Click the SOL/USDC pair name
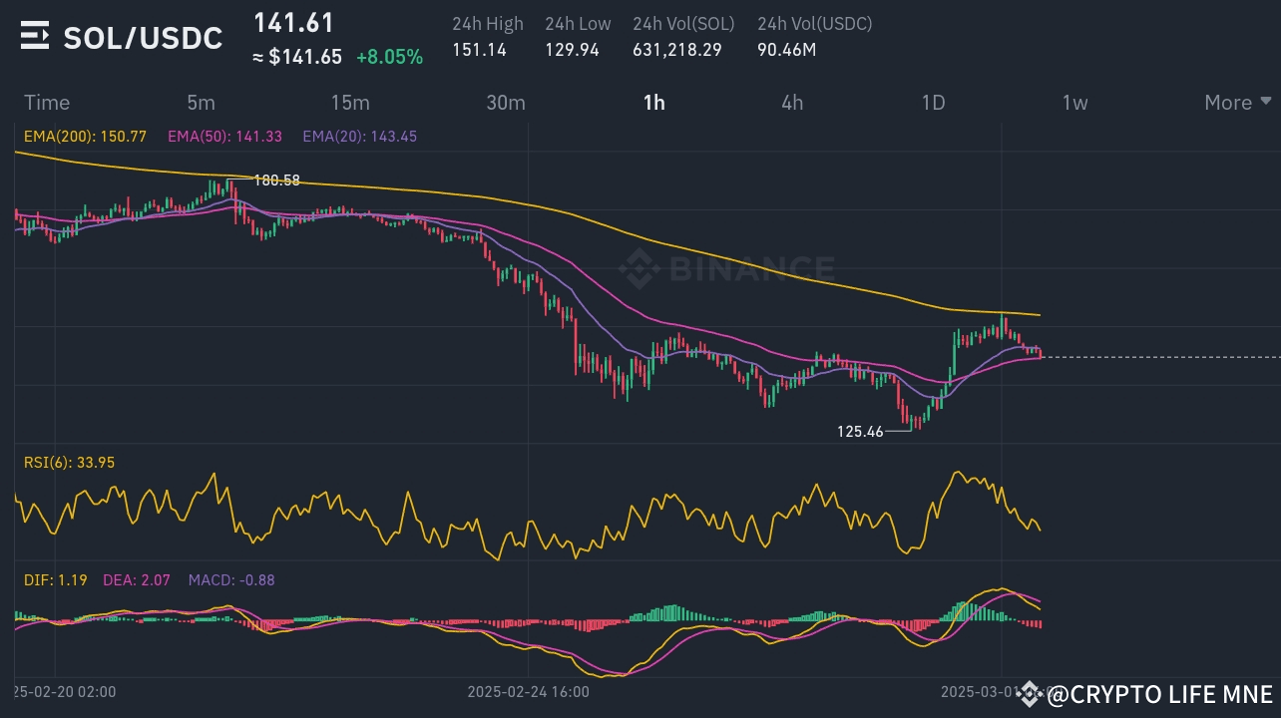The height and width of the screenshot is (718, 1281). pyautogui.click(x=143, y=38)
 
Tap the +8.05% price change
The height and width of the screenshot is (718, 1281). pyautogui.click(x=390, y=57)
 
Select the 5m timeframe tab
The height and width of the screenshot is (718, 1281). pyautogui.click(x=201, y=103)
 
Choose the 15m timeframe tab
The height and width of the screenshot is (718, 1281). pyautogui.click(x=350, y=103)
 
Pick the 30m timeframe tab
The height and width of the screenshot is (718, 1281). pyautogui.click(x=506, y=103)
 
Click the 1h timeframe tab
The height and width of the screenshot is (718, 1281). pyautogui.click(x=654, y=103)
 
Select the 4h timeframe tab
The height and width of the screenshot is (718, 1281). pyautogui.click(x=792, y=103)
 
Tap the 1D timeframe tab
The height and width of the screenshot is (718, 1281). pyautogui.click(x=933, y=103)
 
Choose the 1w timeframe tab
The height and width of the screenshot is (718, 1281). pyautogui.click(x=1074, y=103)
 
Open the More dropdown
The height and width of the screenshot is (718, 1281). pyautogui.click(x=1237, y=103)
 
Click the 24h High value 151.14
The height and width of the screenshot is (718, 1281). pyautogui.click(x=480, y=49)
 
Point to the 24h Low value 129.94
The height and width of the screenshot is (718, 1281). pyautogui.click(x=572, y=49)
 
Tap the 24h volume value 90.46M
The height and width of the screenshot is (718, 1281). pyautogui.click(x=786, y=49)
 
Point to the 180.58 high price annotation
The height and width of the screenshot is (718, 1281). pyautogui.click(x=277, y=180)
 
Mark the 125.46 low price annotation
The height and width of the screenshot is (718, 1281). pyautogui.click(x=860, y=432)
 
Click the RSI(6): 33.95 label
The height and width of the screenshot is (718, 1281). pyautogui.click(x=69, y=462)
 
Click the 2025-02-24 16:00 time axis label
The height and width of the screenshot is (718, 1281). pyautogui.click(x=528, y=691)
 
